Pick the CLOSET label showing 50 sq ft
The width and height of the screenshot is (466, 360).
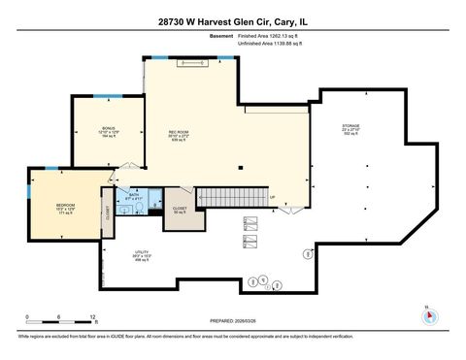(x=180, y=209)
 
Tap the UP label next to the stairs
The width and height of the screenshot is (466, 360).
(x=273, y=199)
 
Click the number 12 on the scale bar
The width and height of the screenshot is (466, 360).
(x=92, y=318)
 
